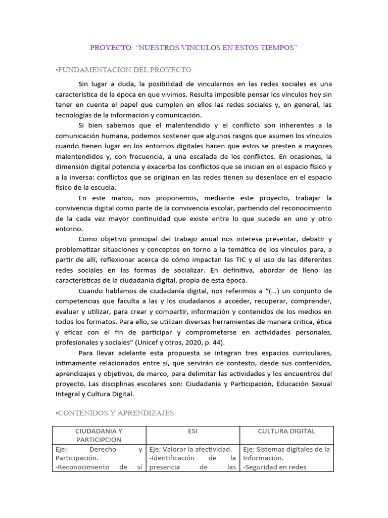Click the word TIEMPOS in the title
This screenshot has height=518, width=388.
(277, 48)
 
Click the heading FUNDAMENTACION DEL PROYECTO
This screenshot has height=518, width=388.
(124, 69)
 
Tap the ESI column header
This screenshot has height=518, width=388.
(193, 431)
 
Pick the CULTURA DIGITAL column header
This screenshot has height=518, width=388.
(286, 431)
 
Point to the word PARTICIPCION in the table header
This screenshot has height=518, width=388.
(99, 440)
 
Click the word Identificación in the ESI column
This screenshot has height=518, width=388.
(174, 458)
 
